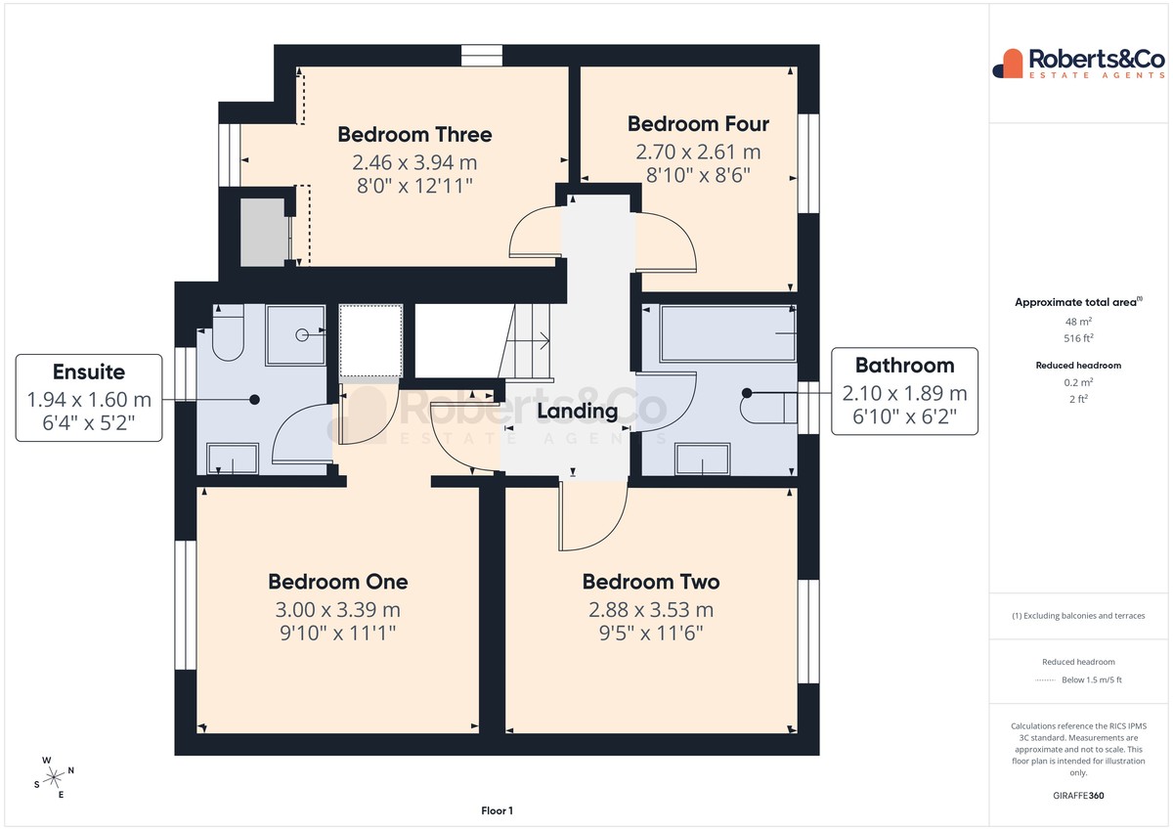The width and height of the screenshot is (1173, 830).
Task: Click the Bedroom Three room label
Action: pos(414,135)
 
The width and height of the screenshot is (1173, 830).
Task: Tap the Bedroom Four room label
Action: pos(698,124)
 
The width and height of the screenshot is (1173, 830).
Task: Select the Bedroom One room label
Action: pos(338,582)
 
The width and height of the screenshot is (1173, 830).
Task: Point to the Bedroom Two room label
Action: pos(651,582)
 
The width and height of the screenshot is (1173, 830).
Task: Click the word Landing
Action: pos(577,412)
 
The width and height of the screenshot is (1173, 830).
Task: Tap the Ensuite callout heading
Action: pos(89,371)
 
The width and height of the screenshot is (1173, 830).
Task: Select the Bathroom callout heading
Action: pos(904,366)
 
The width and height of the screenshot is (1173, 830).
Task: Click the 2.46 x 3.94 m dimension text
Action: pos(414,162)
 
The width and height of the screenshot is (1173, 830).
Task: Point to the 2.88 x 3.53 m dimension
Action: pos(651,609)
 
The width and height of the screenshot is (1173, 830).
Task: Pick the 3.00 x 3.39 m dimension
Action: pos(338,609)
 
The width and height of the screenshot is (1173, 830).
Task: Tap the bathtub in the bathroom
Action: pos(728,333)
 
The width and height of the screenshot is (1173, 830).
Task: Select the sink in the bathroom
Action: pos(702,459)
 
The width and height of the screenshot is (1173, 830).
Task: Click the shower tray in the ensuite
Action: pos(296,334)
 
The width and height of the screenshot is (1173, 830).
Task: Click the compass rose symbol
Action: pos(54,777)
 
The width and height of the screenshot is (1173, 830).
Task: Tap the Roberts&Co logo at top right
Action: pos(1079,64)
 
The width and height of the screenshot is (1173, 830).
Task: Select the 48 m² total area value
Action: pos(1078,322)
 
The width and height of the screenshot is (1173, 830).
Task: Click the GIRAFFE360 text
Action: pos(1078,796)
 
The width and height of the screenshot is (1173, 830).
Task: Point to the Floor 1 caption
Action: pos(497,810)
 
